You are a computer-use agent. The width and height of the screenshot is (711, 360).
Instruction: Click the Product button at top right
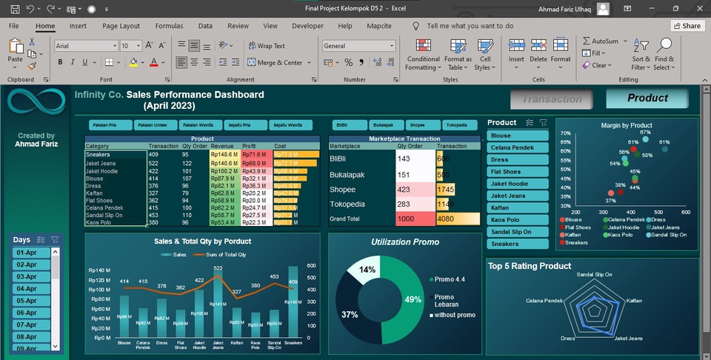click(647, 98)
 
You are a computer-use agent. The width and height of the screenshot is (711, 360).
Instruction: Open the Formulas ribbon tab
click(169, 26)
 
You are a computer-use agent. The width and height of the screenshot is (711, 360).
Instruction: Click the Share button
click(687, 26)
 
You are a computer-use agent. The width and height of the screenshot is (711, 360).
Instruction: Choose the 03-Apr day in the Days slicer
click(30, 277)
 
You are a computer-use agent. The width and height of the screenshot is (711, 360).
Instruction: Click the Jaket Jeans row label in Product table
click(101, 163)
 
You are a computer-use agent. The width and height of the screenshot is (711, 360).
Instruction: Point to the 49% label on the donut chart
click(413, 300)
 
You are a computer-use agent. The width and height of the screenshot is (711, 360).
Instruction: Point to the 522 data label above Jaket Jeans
click(218, 268)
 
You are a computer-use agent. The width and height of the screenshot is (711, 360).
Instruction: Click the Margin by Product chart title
click(627, 125)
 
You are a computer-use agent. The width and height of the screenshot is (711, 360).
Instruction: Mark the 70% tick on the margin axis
click(565, 133)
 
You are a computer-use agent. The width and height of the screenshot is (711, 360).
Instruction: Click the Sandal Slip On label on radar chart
click(594, 274)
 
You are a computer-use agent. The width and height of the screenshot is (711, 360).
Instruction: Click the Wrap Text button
click(267, 46)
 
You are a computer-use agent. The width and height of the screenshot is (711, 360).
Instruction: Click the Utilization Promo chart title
click(405, 242)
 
